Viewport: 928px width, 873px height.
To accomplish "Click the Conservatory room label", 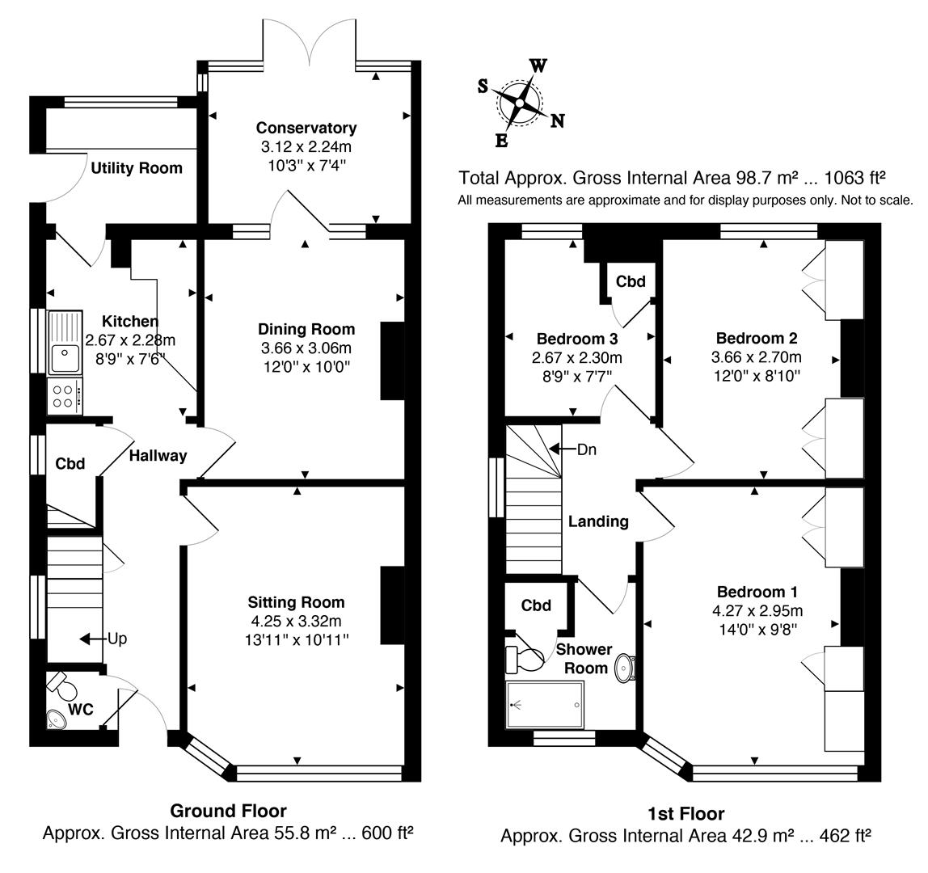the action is [x=306, y=128].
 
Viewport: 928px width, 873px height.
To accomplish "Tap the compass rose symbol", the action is [x=519, y=103].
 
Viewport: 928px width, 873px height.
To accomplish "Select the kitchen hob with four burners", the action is [x=65, y=395].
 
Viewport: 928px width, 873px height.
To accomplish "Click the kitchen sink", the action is [x=64, y=353].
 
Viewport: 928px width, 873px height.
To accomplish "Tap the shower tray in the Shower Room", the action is [x=544, y=705].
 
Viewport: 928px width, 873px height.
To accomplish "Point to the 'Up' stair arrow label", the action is [x=118, y=638].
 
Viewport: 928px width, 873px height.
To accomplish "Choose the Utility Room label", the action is [x=137, y=168].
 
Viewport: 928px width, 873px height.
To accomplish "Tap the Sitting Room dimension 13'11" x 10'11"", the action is [x=296, y=639].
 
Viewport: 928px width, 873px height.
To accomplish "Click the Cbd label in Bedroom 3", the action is [x=631, y=281].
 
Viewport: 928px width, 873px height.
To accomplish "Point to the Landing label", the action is [x=598, y=521].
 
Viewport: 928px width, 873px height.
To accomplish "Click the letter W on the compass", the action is [x=537, y=66].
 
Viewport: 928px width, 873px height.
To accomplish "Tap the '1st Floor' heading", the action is [x=685, y=814].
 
